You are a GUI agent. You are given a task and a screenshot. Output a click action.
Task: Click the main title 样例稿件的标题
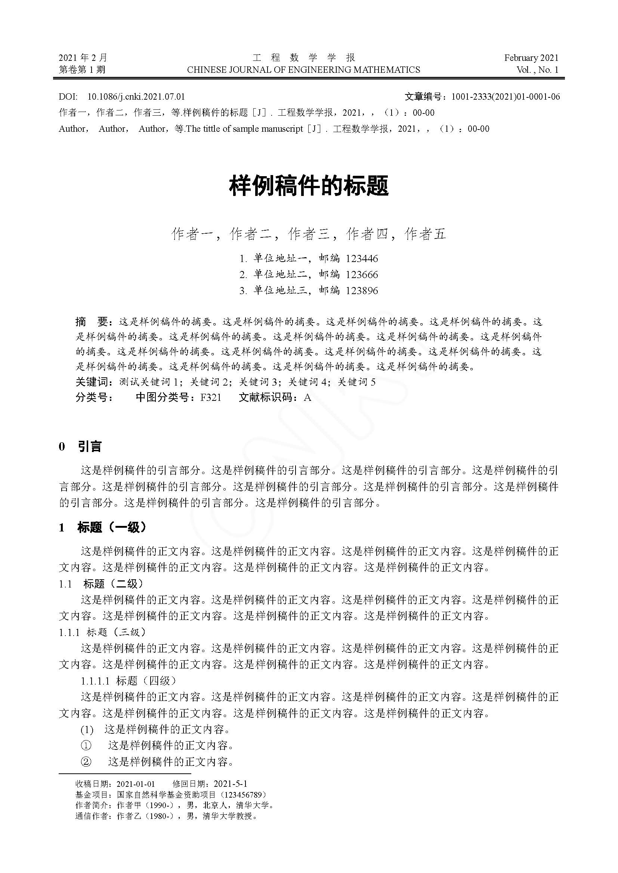pos(309,186)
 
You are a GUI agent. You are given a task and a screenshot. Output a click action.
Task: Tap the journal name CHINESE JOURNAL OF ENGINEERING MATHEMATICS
pos(304,69)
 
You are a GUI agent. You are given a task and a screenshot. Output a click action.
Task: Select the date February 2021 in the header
pos(531,58)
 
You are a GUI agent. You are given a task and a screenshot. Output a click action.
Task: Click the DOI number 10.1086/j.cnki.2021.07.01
pos(136,97)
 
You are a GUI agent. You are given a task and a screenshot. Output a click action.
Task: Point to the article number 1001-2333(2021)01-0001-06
pos(506,97)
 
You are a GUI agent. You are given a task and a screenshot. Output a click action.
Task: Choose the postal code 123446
pos(362,259)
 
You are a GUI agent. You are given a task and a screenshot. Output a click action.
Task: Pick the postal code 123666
pos(362,275)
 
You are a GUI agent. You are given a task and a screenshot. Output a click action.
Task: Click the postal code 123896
pos(362,291)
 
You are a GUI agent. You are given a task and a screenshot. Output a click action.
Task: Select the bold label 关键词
pos(92,382)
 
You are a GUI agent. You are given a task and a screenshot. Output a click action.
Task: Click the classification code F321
pos(211,398)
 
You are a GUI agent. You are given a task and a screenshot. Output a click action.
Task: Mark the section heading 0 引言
pos(80,446)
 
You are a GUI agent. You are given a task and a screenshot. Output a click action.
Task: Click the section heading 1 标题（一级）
pos(103,527)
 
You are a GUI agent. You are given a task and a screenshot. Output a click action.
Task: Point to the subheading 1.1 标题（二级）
pos(101,584)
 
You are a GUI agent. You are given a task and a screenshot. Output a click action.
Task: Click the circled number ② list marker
pos(86,762)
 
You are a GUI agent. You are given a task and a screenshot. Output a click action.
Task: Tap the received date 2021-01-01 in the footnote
pos(136,784)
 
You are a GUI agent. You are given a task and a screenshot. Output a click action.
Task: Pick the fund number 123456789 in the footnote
pos(244,795)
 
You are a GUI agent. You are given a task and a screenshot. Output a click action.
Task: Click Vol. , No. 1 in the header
pos(537,69)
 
